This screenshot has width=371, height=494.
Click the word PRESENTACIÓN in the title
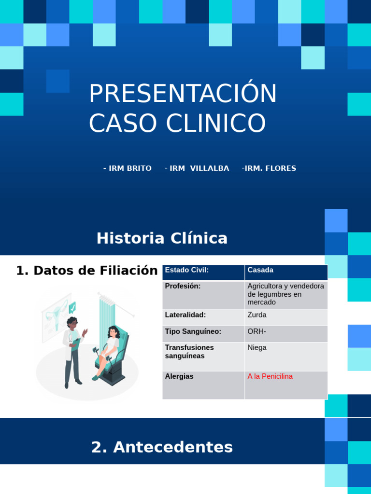(183, 93)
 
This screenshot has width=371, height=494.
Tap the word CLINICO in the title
(216, 123)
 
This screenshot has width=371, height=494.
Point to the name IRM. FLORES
(271, 168)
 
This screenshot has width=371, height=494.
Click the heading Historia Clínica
(162, 238)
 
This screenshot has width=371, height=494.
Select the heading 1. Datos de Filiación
(87, 271)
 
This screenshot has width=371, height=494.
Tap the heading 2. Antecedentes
(162, 447)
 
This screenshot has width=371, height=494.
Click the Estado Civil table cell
(203, 273)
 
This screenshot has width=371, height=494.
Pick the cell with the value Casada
(286, 273)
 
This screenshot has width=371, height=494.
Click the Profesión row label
(183, 286)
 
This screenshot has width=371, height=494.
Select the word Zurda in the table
(257, 315)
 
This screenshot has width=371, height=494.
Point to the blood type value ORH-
(257, 331)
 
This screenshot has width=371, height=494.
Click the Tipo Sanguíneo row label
(193, 331)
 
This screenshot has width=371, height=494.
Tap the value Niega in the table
(257, 347)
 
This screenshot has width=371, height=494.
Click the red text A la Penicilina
(270, 376)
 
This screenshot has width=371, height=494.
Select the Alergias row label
(179, 376)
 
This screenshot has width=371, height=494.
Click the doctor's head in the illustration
(72, 323)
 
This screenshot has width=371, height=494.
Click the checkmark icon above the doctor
(72, 307)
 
